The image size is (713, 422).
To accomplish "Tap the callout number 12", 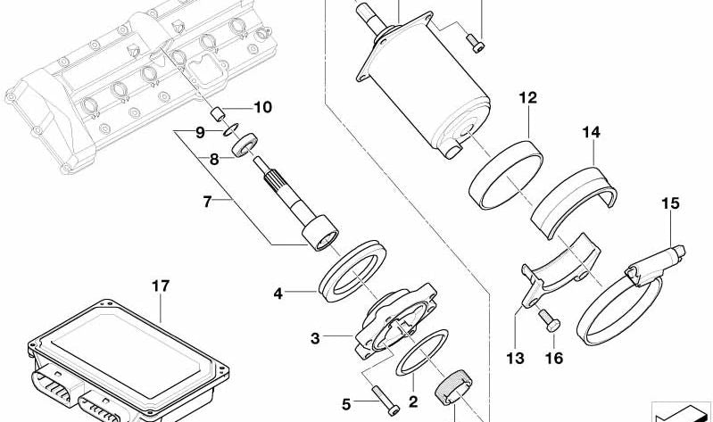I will click(x=528, y=97).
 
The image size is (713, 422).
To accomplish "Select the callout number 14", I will click(x=593, y=133).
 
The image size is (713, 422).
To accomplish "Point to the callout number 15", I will click(x=670, y=204).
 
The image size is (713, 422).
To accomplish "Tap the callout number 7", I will click(x=207, y=203).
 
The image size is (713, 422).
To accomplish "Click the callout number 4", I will click(x=278, y=292).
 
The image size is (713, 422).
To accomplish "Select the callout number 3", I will click(x=315, y=338).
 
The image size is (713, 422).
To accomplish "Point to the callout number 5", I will click(x=347, y=402).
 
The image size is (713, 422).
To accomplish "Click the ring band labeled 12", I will click(x=507, y=174).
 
